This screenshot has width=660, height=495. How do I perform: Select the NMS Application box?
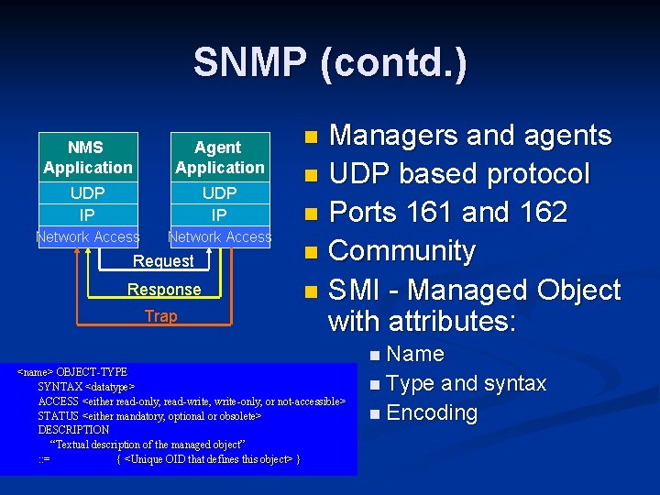(x=87, y=158)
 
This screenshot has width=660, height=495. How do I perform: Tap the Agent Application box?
(x=219, y=158)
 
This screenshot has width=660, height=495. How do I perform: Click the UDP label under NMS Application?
(x=87, y=193)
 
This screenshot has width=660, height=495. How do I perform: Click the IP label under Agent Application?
(x=219, y=215)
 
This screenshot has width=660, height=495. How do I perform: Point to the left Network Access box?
(x=87, y=237)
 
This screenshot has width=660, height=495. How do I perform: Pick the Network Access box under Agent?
(x=219, y=237)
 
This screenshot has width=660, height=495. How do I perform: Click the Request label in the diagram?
(x=163, y=261)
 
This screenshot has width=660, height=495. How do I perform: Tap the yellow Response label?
(x=163, y=290)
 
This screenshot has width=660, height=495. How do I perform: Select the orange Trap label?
(x=160, y=316)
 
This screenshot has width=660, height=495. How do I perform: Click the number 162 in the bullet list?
(x=541, y=213)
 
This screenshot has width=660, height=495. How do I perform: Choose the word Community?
(x=401, y=251)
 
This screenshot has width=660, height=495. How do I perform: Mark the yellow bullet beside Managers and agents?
(x=313, y=137)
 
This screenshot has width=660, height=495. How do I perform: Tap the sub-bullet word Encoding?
(x=432, y=413)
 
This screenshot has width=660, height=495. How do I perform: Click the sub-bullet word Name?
(x=415, y=355)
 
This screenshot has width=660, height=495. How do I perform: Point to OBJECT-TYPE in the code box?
(x=92, y=373)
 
